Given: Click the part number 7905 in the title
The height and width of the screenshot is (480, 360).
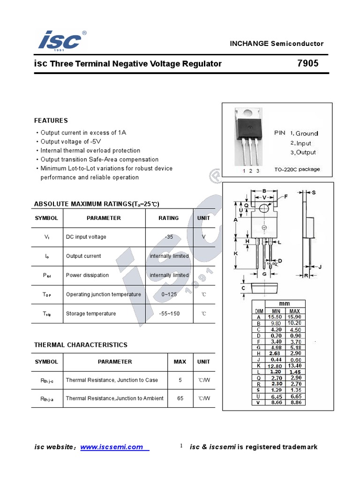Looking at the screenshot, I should (x=307, y=63).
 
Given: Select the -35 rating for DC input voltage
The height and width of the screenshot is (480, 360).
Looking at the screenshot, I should (x=169, y=237).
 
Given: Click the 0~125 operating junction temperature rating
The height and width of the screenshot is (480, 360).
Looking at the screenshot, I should (x=169, y=294).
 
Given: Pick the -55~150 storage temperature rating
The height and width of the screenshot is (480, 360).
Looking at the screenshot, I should (x=169, y=314).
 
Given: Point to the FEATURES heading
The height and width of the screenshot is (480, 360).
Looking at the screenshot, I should (x=51, y=120).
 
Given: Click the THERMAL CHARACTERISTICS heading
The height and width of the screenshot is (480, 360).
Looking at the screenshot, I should (x=81, y=345).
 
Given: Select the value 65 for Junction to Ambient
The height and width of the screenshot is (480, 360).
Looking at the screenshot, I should (x=180, y=398).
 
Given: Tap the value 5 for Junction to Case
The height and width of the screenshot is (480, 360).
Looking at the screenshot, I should (x=180, y=380).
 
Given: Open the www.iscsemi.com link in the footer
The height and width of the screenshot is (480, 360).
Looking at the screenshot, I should (x=112, y=447).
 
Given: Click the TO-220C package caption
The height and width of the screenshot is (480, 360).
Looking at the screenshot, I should (x=297, y=169).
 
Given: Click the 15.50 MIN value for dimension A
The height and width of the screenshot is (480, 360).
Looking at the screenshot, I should (x=275, y=317).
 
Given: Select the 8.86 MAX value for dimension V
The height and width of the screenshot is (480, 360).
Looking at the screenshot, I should (x=295, y=402).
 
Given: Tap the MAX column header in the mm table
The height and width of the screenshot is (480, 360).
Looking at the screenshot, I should (x=295, y=311).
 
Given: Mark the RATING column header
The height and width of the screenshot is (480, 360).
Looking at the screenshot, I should (x=169, y=218).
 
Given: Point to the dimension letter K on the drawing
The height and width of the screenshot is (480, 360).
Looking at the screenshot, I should (x=236, y=253).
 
